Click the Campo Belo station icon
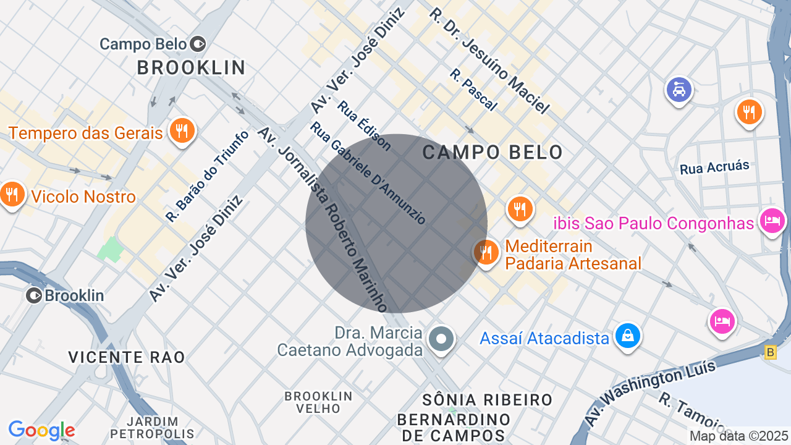[198, 44]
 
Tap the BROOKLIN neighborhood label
[191, 67]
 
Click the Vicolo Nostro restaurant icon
[12, 195]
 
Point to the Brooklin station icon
[34, 295]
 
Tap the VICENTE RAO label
[127, 357]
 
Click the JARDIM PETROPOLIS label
[152, 428]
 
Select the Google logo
[41, 430]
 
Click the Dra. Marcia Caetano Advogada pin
[441, 339]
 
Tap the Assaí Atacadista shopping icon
[628, 336]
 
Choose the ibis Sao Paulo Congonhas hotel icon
[772, 220]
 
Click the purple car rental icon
[679, 90]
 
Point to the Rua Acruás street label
[714, 167]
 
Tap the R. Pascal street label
[473, 90]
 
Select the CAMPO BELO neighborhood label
[493, 152]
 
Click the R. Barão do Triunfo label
[207, 176]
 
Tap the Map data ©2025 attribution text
[738, 436]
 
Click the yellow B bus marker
[770, 352]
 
